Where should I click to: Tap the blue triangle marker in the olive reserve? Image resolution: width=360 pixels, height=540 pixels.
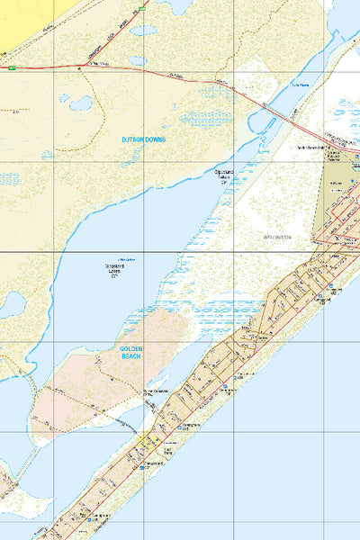(x=355, y=163)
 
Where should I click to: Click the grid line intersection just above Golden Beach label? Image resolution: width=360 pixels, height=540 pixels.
(x=144, y=342)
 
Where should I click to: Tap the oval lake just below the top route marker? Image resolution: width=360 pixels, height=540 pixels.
(x=140, y=30)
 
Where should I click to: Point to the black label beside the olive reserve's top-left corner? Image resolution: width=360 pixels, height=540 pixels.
(x=306, y=145)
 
